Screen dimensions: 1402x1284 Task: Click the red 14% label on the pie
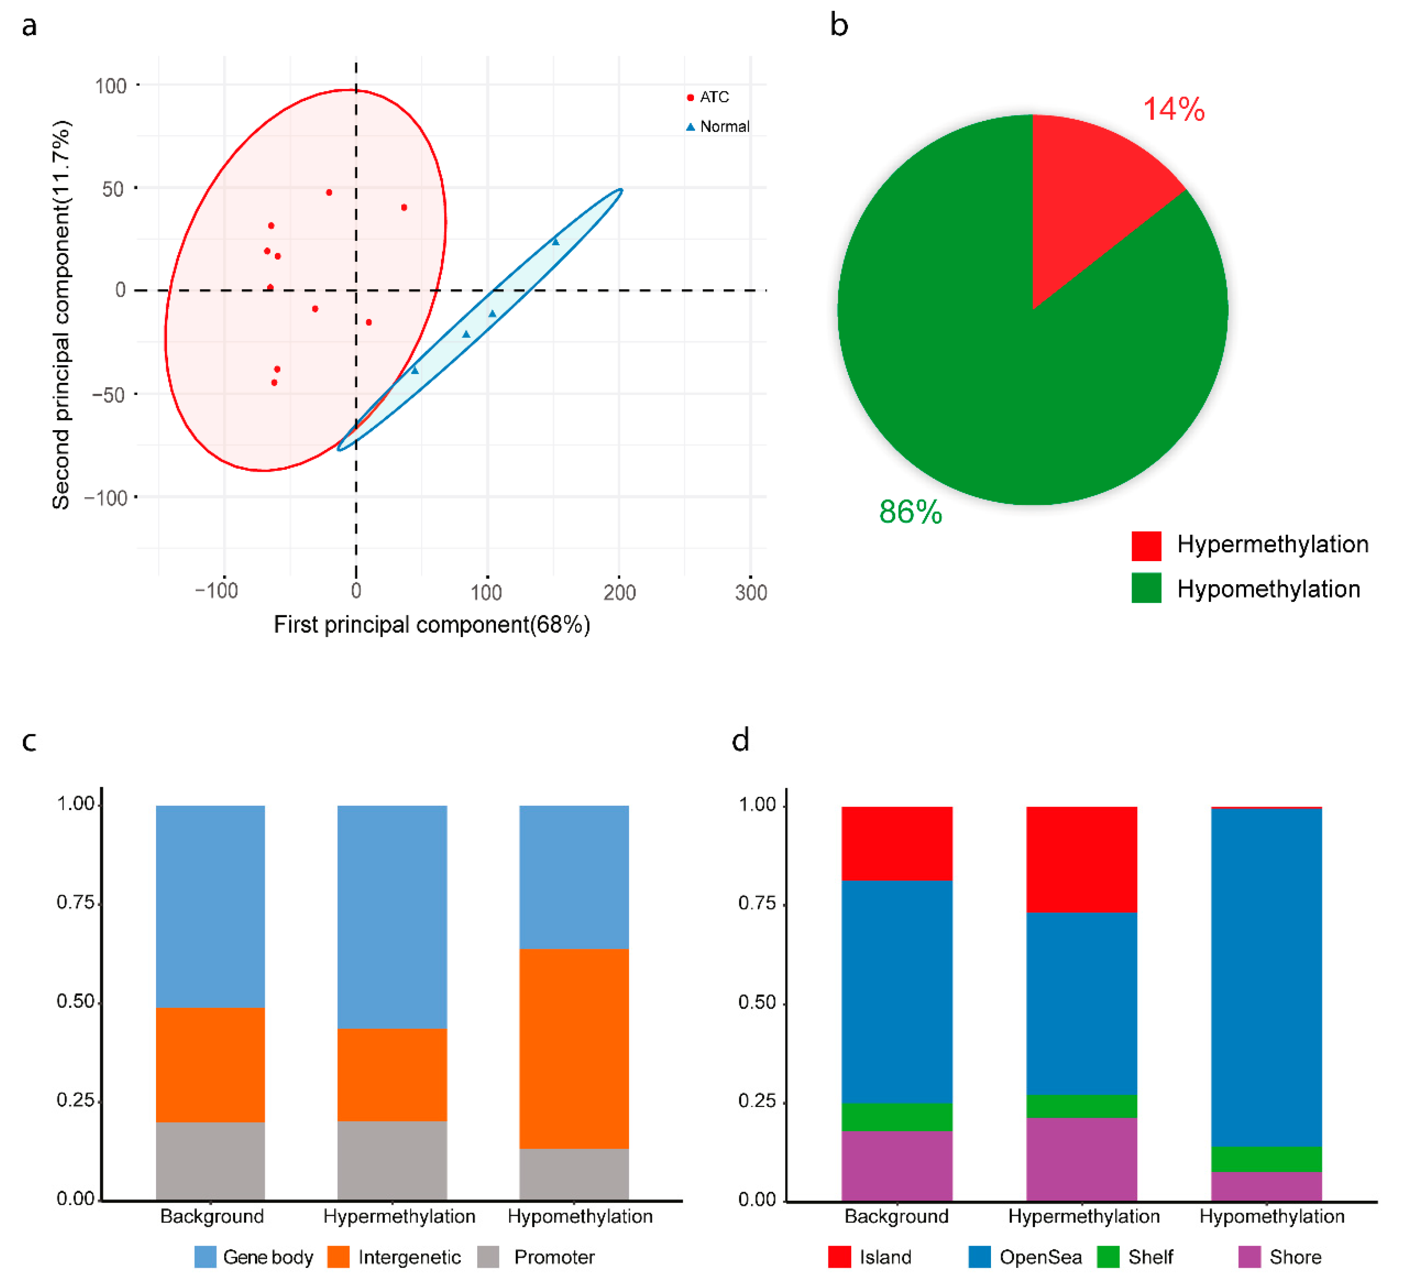[1174, 109]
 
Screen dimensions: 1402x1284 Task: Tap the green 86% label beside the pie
[910, 512]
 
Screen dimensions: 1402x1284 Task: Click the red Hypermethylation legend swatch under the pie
[1146, 545]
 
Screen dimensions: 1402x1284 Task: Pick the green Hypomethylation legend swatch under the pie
[1146, 588]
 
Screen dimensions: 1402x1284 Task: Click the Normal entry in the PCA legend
[718, 127]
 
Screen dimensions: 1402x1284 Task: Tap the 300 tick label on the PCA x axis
[751, 593]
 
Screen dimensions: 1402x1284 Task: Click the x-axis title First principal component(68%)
[432, 625]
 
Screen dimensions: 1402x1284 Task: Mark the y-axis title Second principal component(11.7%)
[61, 315]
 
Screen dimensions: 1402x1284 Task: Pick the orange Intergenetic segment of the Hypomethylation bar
[574, 1048]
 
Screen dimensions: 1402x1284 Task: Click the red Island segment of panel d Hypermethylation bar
[1082, 860]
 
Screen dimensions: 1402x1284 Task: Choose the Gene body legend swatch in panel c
[205, 1257]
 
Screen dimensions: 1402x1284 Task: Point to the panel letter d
[741, 740]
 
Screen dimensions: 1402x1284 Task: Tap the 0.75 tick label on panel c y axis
[75, 903]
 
